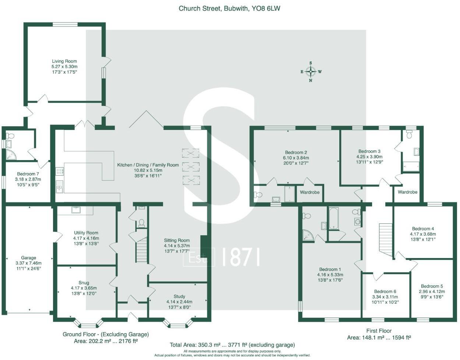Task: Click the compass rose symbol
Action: [311, 72]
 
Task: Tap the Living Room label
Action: [64, 61]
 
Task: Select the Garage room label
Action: [28, 258]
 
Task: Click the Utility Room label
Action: [86, 233]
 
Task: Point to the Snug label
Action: [84, 283]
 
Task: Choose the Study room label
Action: [179, 297]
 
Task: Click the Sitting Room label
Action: [177, 240]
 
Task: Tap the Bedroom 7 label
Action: [28, 174]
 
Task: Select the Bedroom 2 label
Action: [296, 152]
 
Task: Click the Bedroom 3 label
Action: [369, 151]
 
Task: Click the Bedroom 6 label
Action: [385, 292]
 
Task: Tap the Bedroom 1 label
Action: [330, 269]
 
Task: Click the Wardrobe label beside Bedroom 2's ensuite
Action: [309, 193]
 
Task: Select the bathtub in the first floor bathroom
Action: [334, 218]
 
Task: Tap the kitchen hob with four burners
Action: [59, 171]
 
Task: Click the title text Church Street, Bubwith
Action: [229, 8]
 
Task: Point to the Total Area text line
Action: [232, 345]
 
